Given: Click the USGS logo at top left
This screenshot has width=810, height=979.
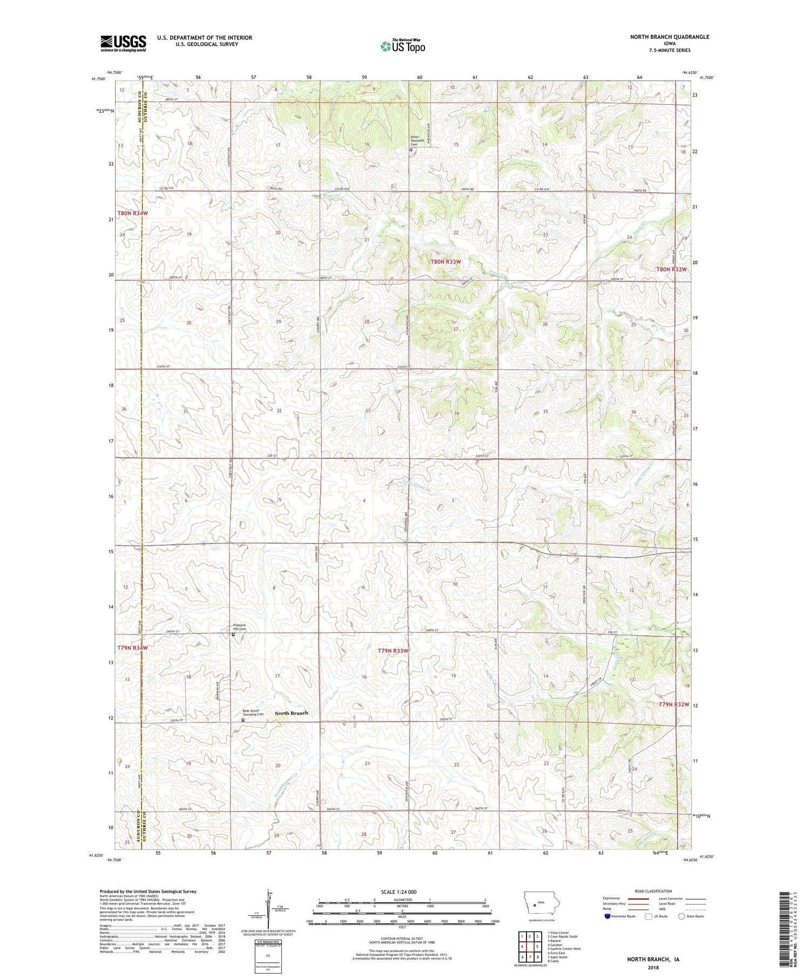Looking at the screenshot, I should pos(123,43).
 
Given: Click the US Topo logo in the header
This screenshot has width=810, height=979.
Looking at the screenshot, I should pos(402,46).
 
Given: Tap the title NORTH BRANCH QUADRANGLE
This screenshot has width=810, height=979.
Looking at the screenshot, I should pos(669,37).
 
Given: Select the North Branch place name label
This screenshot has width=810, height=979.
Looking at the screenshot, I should pos(292,713).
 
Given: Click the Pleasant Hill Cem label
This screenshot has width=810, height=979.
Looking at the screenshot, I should pos(239,627).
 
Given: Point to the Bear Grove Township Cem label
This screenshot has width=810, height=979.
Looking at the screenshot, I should pos(253,712).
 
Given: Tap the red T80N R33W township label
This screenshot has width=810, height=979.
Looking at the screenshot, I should pos(446,262).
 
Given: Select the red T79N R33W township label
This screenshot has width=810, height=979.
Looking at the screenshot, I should pos(393,651).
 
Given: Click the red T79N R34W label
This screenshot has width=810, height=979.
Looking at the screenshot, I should pos(132,647).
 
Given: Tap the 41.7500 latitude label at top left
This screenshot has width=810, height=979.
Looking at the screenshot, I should pos(98,79).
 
